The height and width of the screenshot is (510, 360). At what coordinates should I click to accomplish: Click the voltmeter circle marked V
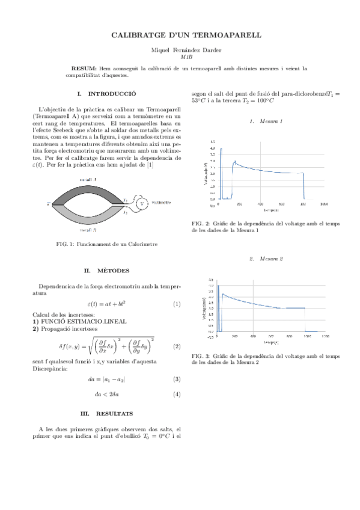pos(142,203)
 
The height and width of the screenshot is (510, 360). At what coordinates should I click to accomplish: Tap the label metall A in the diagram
pos(88,180)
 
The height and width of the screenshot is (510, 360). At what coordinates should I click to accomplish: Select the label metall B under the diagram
pos(88,229)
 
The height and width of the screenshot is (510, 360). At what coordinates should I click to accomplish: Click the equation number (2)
pos(177,347)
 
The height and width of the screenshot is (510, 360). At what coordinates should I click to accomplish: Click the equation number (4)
pos(177,395)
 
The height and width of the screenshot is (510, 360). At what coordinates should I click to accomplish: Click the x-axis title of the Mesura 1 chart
pos(271,210)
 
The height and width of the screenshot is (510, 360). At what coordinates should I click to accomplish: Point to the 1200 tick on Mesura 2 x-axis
pos(325,337)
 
